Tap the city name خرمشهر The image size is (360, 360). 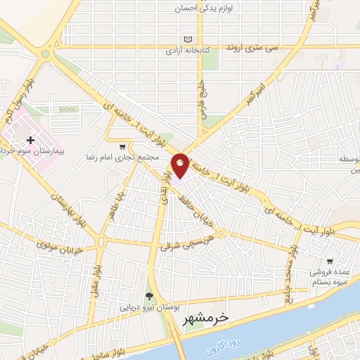tap(204, 318)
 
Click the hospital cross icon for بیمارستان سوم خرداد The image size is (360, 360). tap(30, 141)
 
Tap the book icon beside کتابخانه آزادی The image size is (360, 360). tap(186, 40)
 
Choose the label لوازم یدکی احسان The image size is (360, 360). tap(206, 9)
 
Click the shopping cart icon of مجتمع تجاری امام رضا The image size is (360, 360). tap(123, 146)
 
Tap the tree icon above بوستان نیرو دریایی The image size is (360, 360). tap(148, 295)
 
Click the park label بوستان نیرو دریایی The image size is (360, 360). tap(143, 307)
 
